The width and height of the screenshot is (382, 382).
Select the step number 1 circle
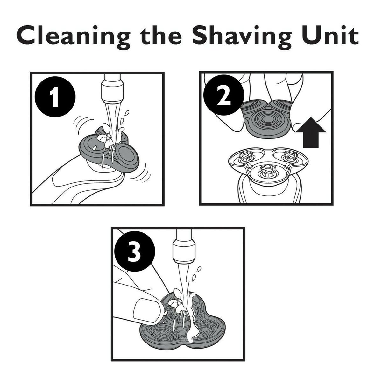[55, 97]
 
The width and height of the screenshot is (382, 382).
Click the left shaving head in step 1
[93, 147]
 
